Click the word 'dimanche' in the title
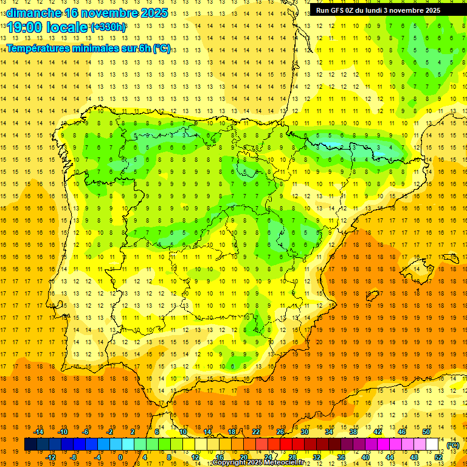point(34,13)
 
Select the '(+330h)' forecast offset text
point(108,27)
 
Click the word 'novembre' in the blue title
point(106,13)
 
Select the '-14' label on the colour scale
point(38,432)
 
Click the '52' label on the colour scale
point(438,457)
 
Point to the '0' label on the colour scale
point(120,457)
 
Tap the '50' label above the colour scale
point(426,432)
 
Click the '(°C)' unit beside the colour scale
point(453,445)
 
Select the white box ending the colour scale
point(432,445)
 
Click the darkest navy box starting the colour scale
point(30,445)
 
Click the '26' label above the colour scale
point(280,432)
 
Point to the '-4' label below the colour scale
point(97,457)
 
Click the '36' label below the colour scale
point(341,457)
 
